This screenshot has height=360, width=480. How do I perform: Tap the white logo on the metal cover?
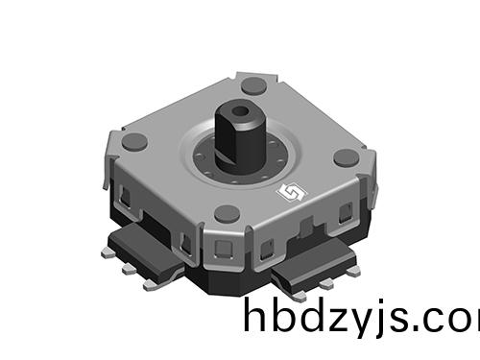coord(287,194)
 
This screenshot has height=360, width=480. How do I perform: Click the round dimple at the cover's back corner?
coord(253,85)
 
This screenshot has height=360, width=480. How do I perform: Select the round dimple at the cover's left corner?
coord(135,142)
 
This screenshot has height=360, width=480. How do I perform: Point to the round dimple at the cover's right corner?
coord(346,157)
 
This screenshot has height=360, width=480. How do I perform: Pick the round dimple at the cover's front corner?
coord(228,214)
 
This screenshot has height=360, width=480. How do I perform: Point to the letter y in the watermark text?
coord(364,324)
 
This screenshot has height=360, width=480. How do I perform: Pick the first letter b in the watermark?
coord(284,316)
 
